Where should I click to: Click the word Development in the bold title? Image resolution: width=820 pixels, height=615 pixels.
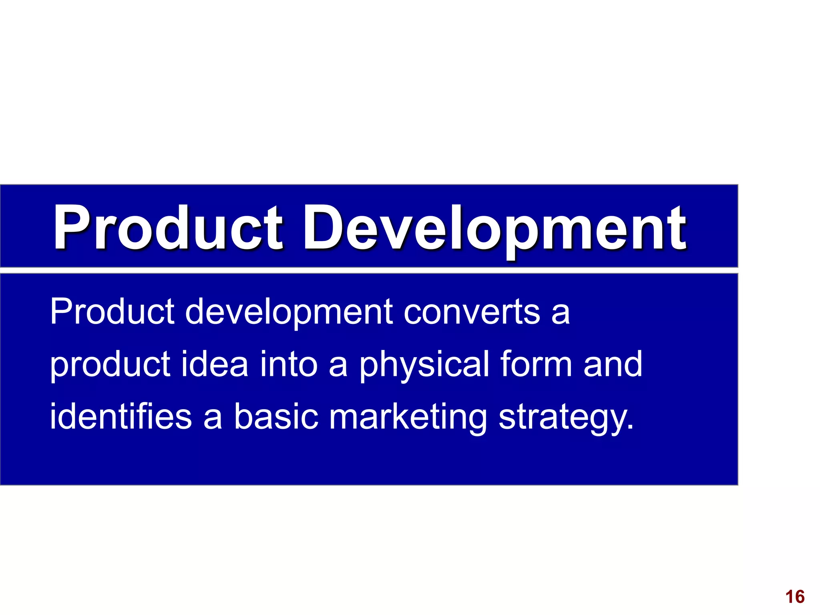tap(494, 228)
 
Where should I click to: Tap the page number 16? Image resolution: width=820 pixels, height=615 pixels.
tap(795, 597)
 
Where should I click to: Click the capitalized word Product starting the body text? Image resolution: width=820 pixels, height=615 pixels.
tap(112, 312)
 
